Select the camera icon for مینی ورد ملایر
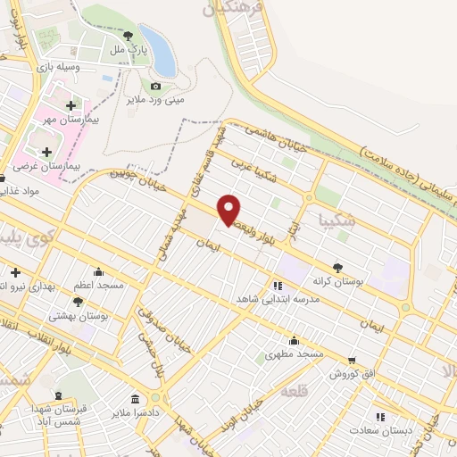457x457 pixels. pos(157,86)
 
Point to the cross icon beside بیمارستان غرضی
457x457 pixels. pos(46,152)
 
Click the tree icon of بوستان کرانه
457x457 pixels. pos(337,267)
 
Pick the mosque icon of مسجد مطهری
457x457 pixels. pos(294,340)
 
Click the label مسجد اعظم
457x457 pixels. pos(98,285)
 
